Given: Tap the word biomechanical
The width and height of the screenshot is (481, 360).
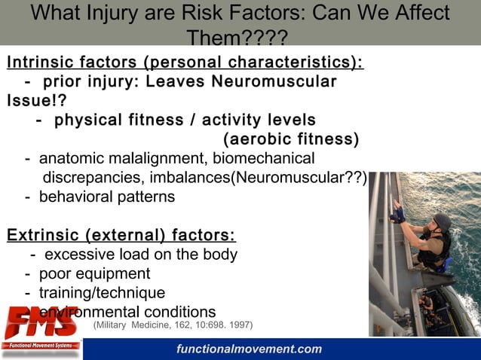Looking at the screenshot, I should [263, 159].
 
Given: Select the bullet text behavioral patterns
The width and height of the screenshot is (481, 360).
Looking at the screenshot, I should [106, 197].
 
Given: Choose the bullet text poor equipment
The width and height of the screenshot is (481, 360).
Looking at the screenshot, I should [94, 273].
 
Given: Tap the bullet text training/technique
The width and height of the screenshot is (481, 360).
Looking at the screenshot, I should [102, 292].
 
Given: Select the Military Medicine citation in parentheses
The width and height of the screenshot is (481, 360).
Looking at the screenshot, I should [173, 325].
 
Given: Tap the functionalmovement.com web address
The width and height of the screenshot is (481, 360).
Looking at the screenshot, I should [250, 349].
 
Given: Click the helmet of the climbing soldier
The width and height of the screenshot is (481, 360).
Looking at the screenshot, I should [441, 221].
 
